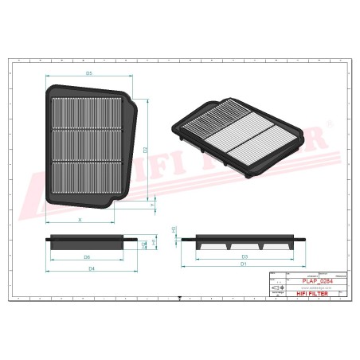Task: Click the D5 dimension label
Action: tap(90, 73)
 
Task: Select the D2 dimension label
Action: tap(146, 149)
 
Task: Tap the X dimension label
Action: tap(80, 217)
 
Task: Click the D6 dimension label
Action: tap(87, 257)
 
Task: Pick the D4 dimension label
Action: tap(92, 269)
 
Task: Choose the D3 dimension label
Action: tap(245, 256)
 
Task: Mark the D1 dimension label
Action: tap(245, 264)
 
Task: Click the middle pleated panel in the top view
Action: tap(88, 144)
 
